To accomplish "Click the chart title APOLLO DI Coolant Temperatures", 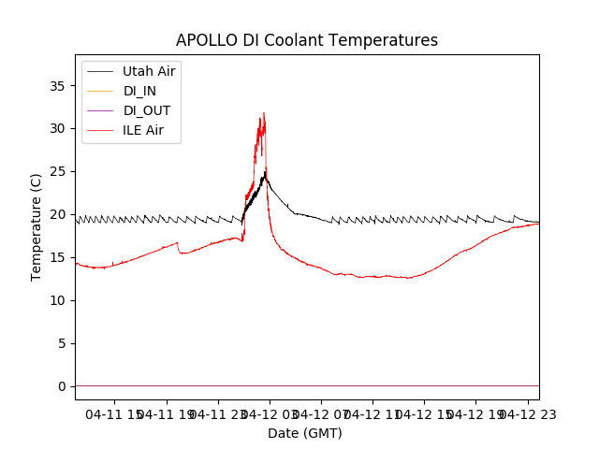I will point(307,40).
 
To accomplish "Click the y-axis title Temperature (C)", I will point(37,227).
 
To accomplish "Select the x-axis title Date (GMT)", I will point(305,433).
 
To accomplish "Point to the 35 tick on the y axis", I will point(58,86).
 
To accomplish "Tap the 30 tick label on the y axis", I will point(58,129).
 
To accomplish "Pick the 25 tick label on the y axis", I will point(58,172).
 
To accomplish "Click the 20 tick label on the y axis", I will point(58,215).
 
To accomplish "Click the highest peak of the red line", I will point(264,113).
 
